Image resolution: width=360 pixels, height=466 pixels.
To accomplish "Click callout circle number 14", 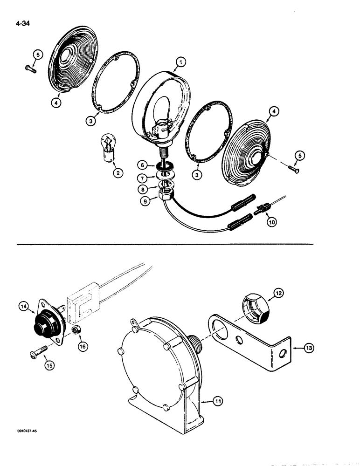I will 24,306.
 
